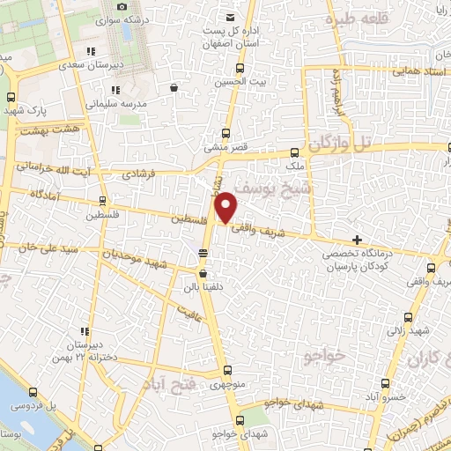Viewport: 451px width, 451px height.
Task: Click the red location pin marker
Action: pyautogui.click(x=226, y=207)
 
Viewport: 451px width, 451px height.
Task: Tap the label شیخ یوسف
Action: pyautogui.click(x=272, y=189)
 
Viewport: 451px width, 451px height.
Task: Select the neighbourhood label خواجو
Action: pyautogui.click(x=321, y=356)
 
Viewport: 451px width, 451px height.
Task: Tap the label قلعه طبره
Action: pyautogui.click(x=353, y=18)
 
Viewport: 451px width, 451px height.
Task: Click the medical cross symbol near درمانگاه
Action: pyautogui.click(x=357, y=240)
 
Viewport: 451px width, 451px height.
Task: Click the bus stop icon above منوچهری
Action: pyautogui.click(x=227, y=370)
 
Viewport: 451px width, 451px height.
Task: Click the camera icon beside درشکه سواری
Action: pyautogui.click(x=122, y=7)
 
